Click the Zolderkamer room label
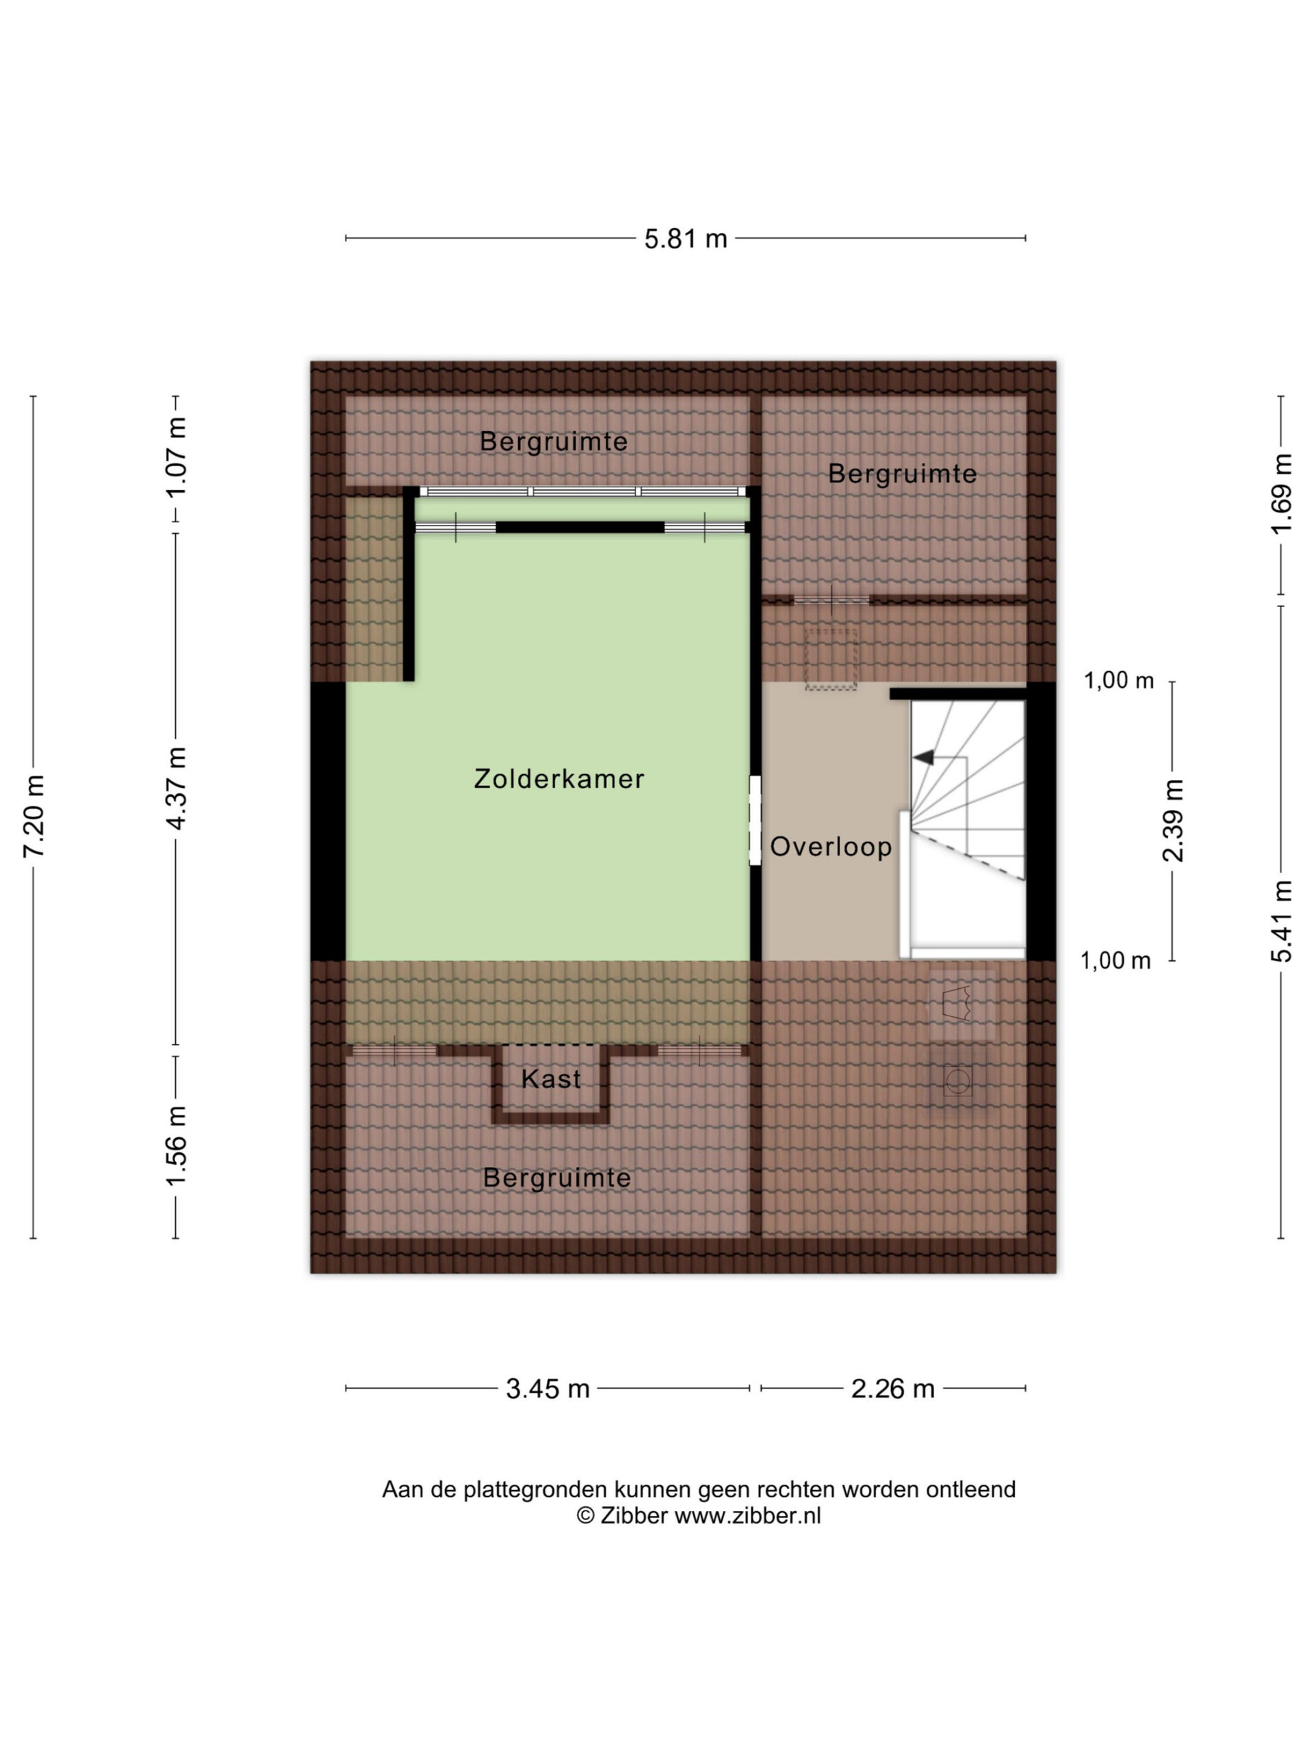[558, 779]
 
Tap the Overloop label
[831, 847]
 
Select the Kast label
[551, 1079]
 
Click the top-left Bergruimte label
[554, 441]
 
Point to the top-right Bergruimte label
[902, 474]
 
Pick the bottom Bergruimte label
[557, 1178]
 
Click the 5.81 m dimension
[685, 238]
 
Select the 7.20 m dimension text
[34, 816]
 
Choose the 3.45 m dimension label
[547, 1389]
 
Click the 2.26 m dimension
[892, 1389]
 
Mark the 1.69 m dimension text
[1282, 493]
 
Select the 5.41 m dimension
[1282, 921]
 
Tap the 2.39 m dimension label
[1173, 821]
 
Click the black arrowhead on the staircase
[923, 758]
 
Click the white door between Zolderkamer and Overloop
[755, 820]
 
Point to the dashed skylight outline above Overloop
[831, 659]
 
